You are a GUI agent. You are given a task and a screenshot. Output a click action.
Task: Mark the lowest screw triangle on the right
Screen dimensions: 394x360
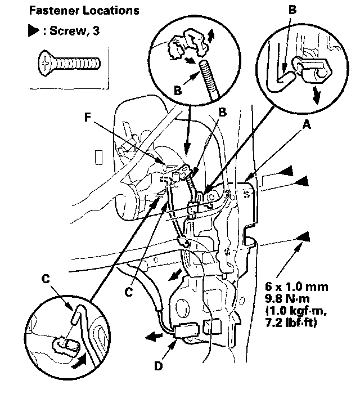[305, 236]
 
